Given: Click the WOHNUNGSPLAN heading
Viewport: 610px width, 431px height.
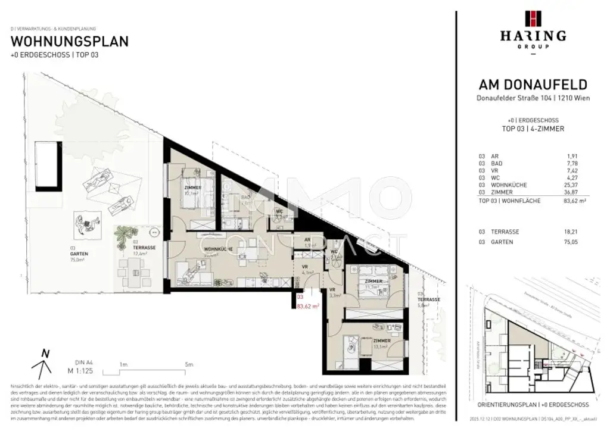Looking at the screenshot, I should point(70,42).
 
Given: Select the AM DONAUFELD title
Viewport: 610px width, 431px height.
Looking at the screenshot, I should point(533,85).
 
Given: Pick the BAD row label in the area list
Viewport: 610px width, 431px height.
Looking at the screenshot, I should point(495,163).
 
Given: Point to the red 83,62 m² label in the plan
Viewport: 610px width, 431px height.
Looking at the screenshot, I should point(308,307).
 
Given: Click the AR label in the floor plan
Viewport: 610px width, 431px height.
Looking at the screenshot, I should point(307,240).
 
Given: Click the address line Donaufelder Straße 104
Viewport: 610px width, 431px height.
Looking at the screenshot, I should point(533,98).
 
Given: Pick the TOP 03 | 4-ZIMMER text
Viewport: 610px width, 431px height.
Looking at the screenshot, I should point(533,128).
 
